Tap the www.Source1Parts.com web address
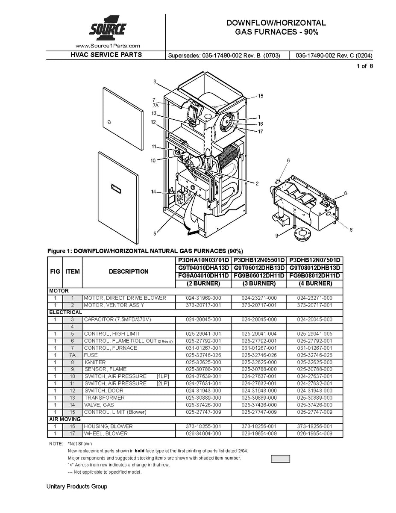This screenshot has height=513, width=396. tap(108, 46)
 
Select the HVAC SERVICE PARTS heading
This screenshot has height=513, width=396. tap(106, 55)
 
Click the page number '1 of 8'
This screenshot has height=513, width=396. tap(364, 66)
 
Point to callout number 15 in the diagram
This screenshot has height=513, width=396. tap(261, 96)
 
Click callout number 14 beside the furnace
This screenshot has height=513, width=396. tap(153, 192)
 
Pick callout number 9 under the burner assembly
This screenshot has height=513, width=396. tap(277, 236)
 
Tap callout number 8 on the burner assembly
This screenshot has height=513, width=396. tap(345, 193)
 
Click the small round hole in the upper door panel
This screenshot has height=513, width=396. tap(109, 122)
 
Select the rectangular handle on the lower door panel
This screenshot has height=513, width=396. tap(117, 187)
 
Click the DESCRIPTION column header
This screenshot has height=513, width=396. tap(129, 271)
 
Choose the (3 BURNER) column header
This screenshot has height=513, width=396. tap(259, 283)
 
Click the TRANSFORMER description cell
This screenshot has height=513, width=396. tap(105, 398)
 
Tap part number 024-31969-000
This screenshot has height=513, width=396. tap(203, 298)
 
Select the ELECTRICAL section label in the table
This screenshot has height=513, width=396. tap(65, 312)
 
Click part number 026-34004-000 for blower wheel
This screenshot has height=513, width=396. tap(203, 433)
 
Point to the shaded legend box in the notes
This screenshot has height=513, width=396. tap(280, 459)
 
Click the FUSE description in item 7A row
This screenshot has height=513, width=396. tap(91, 355)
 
